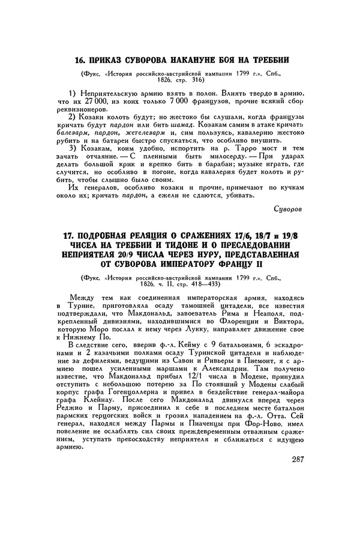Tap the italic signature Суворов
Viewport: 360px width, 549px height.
[289, 209]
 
